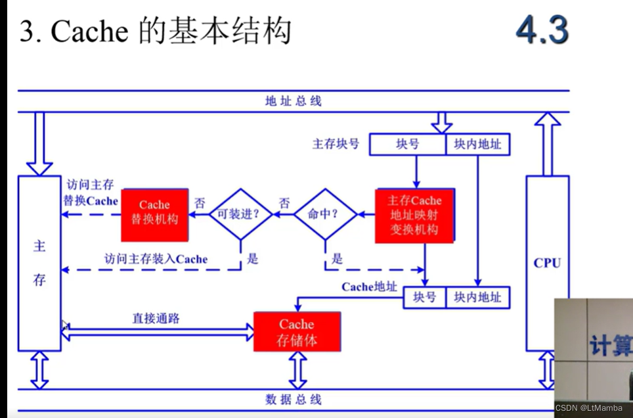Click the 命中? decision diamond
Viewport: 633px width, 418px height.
click(324, 214)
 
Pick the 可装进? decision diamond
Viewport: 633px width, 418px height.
click(240, 214)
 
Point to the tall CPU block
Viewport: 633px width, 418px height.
click(547, 263)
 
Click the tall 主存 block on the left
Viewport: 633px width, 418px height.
click(39, 263)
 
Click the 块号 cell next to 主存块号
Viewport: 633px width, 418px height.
click(408, 145)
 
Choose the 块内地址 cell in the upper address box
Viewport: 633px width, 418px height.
click(477, 145)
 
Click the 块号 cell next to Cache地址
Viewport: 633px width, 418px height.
click(424, 298)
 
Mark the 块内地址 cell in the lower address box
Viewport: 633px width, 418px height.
click(477, 298)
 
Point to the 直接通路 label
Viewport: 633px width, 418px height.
click(156, 318)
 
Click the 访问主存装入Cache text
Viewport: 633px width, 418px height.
click(156, 259)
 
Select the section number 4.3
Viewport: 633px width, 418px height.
click(542, 30)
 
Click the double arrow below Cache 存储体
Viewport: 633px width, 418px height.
click(298, 371)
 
